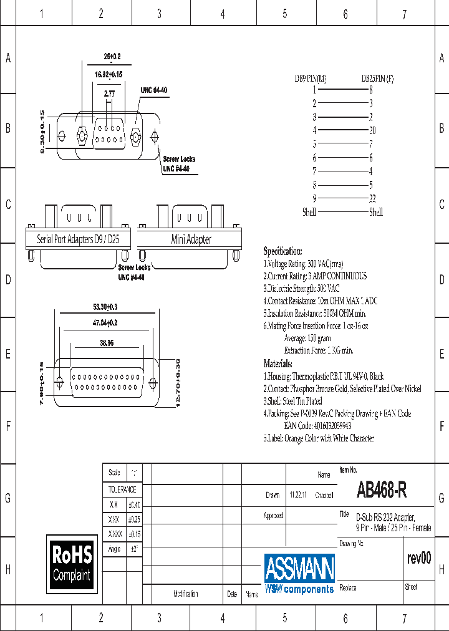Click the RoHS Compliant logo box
tap(72, 562)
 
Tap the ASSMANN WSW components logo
tap(299, 572)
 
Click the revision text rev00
tap(419, 558)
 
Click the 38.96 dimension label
tap(106, 342)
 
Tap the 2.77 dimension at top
tap(109, 94)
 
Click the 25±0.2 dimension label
tap(112, 57)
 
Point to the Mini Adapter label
tap(191, 239)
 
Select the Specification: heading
tap(282, 251)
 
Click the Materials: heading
tap(278, 364)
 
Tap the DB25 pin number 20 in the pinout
tap(372, 130)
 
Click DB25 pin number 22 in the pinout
tap(372, 198)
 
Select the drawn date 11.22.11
tap(297, 495)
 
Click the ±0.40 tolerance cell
tap(134, 504)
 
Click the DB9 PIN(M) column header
tap(310, 79)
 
